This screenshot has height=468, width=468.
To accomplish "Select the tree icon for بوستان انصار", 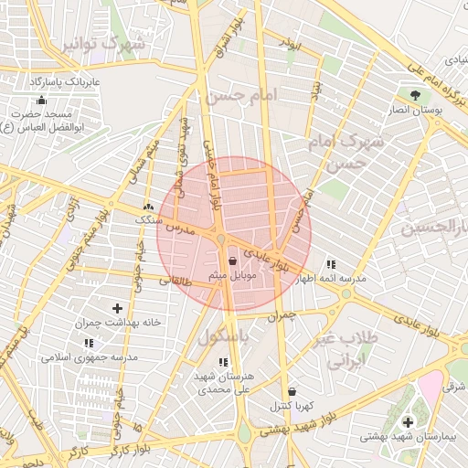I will click(415, 94).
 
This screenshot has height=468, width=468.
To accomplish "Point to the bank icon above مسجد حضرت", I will click(40, 101).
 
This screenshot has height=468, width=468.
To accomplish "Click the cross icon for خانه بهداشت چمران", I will click(117, 309).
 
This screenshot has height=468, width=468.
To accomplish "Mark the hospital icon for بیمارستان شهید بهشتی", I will click(408, 421).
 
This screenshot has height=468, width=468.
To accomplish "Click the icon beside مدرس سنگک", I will click(148, 207).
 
